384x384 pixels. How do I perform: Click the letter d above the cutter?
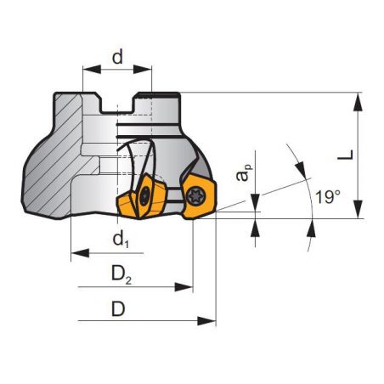coord(117,59)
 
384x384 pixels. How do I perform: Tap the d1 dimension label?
coord(121,240)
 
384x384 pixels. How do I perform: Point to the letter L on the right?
coord(345,155)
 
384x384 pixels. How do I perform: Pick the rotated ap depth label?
coord(245,173)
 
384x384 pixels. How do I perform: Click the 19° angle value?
coord(327,196)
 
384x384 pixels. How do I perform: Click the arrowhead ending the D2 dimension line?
coord(188,287)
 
